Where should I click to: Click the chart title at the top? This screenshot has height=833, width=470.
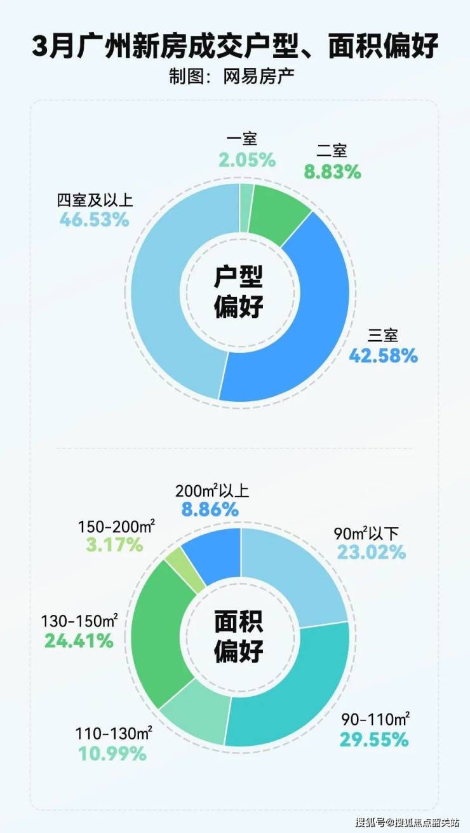point(235,48)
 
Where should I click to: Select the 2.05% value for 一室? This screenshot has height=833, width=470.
point(247,160)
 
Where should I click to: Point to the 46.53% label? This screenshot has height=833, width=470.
point(95,220)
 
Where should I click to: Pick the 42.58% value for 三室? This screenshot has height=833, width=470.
point(383,355)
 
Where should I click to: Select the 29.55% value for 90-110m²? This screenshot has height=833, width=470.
point(373,740)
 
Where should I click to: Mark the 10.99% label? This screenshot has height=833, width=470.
point(112,754)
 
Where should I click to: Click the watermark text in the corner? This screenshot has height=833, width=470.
point(406,822)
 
